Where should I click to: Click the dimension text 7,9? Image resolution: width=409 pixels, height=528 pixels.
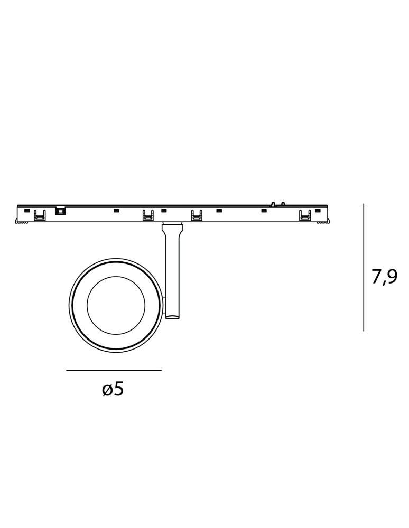[384, 278]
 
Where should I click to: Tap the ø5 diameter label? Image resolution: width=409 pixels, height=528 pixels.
[113, 390]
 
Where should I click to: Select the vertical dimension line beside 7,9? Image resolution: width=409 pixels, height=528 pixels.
[364, 267]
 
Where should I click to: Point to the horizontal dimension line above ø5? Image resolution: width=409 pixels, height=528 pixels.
[114, 370]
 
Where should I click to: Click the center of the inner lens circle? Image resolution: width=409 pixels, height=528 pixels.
[116, 305]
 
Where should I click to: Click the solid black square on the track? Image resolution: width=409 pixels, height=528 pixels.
[60, 211]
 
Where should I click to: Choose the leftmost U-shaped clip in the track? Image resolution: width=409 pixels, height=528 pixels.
[40, 215]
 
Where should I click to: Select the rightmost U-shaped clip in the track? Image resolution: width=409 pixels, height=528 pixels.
[305, 215]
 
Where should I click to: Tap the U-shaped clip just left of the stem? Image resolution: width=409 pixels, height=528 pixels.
[148, 215]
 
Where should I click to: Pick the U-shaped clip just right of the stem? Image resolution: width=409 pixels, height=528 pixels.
[197, 215]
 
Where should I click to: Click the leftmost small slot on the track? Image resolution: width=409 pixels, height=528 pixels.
[27, 211]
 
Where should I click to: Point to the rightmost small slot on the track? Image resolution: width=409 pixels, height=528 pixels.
[318, 211]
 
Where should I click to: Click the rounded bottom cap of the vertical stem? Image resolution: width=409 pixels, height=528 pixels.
[172, 317]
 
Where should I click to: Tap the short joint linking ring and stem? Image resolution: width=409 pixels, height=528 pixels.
[163, 305]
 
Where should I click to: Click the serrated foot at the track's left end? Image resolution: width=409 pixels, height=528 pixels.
[22, 222]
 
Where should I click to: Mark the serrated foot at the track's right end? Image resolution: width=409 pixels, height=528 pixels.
[323, 222]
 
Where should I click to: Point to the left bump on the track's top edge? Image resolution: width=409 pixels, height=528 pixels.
[273, 204]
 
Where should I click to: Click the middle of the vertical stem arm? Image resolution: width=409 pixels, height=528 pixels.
[172, 275]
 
